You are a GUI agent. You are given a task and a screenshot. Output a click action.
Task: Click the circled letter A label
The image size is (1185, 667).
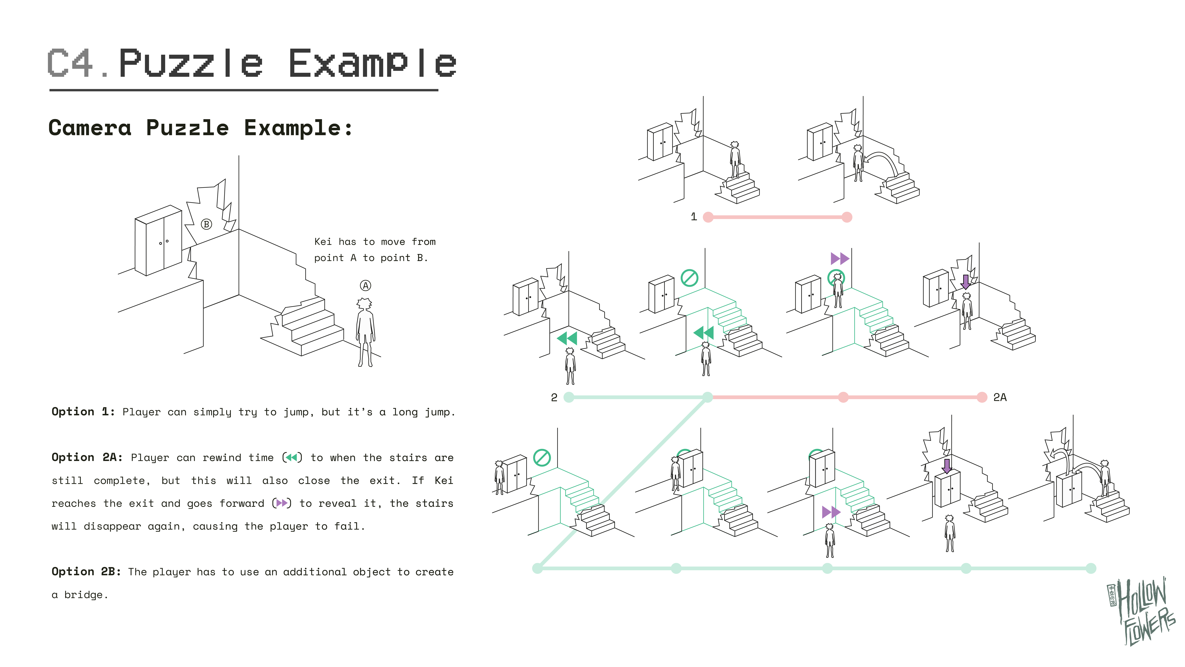coord(365,286)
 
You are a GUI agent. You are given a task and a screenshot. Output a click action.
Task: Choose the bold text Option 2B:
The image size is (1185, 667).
coord(86,572)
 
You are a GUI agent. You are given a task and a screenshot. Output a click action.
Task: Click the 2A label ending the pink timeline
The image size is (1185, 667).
coord(1000,397)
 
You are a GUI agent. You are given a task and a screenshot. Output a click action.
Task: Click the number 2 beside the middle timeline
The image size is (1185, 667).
coord(554,397)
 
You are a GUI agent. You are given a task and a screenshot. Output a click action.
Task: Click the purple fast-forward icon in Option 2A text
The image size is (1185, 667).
coord(282,503)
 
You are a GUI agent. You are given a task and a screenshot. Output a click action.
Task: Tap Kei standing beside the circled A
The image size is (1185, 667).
coord(365,331)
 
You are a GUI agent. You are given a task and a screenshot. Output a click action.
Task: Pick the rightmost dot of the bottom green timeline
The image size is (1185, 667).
coord(1091,568)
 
